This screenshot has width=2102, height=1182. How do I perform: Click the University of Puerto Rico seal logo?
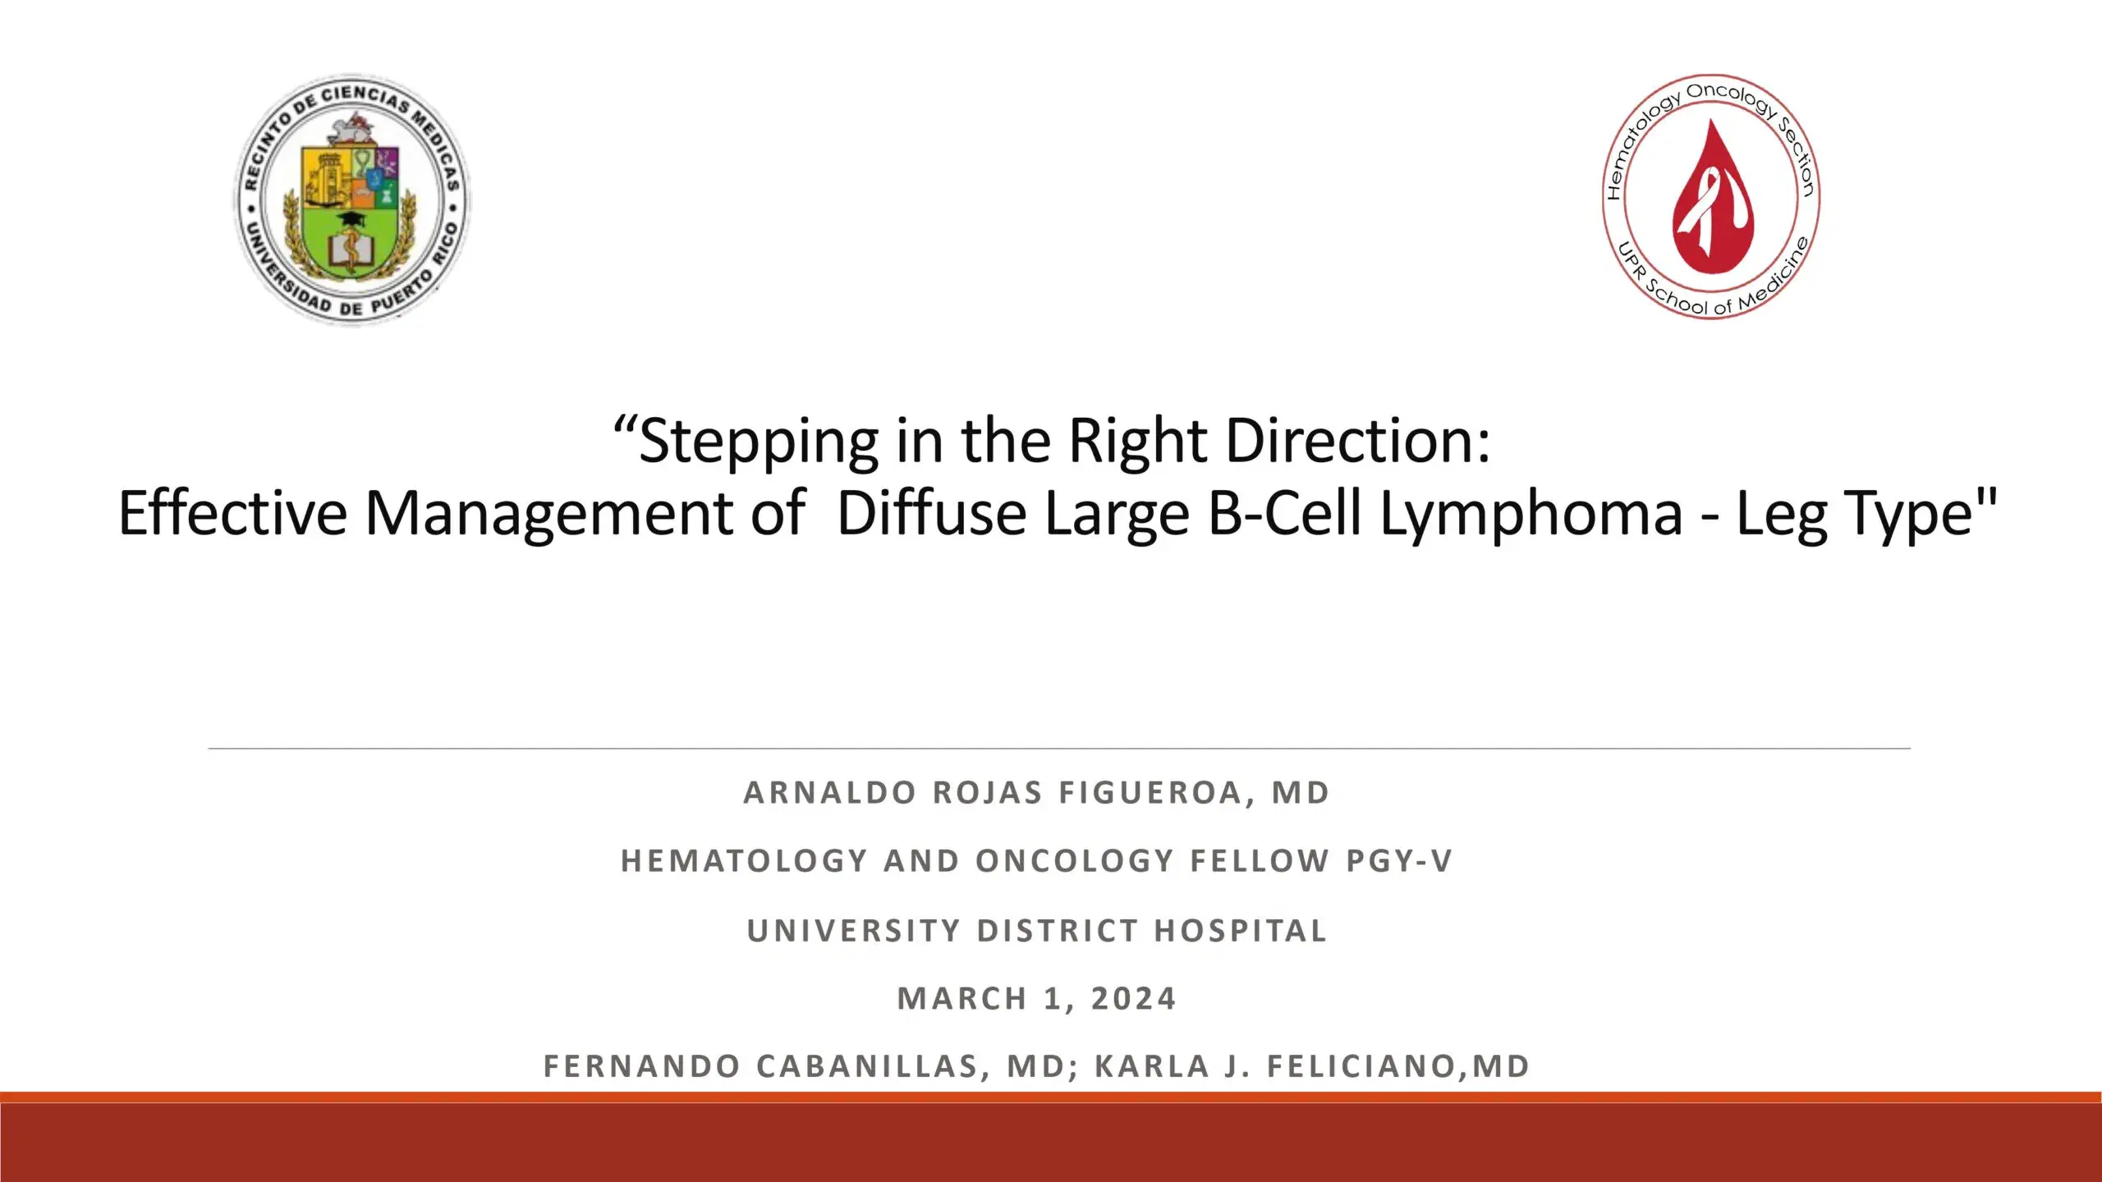coord(352,199)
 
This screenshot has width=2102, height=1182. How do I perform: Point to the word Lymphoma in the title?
coord(1531,514)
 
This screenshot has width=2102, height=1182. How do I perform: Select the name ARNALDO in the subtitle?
coord(830,793)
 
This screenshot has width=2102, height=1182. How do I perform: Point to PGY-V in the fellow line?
coord(1399,861)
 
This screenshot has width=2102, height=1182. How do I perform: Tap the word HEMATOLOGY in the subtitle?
coord(744,861)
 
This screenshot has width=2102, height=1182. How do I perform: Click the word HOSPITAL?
coord(1241,931)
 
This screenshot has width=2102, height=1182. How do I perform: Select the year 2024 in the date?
coord(1134,999)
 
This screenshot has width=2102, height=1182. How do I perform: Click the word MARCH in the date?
coord(962,999)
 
